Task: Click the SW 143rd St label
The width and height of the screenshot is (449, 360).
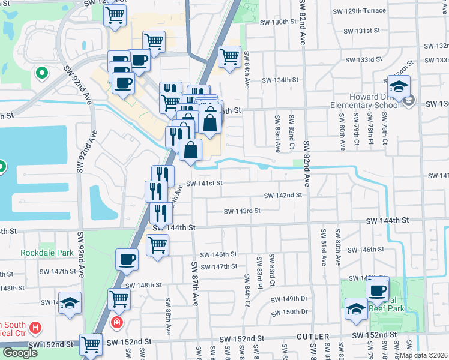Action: pos(242,211)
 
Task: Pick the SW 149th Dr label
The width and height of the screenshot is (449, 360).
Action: pos(289,299)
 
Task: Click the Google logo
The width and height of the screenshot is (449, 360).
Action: pos(20,353)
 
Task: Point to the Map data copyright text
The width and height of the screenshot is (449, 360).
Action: pos(423,355)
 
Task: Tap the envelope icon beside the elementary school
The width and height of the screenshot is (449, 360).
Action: pos(409,101)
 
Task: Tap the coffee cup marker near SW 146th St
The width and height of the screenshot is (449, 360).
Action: pos(127,259)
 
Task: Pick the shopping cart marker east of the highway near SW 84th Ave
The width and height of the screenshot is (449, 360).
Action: pos(229,57)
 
